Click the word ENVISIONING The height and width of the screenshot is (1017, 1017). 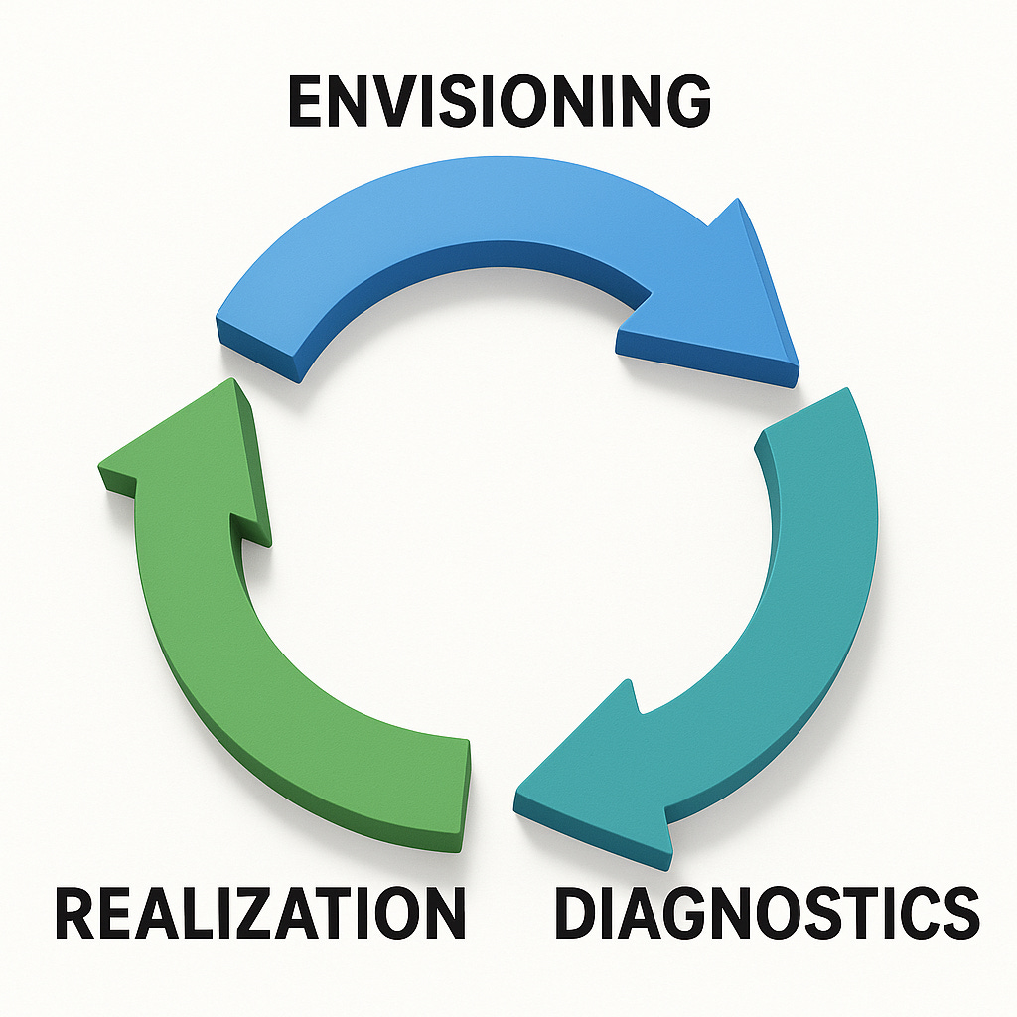point(500,101)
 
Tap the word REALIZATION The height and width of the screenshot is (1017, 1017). point(260,914)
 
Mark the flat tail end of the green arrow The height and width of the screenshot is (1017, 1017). point(465,795)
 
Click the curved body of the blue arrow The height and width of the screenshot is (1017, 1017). point(467,214)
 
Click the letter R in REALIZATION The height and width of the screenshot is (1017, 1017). point(75,914)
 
